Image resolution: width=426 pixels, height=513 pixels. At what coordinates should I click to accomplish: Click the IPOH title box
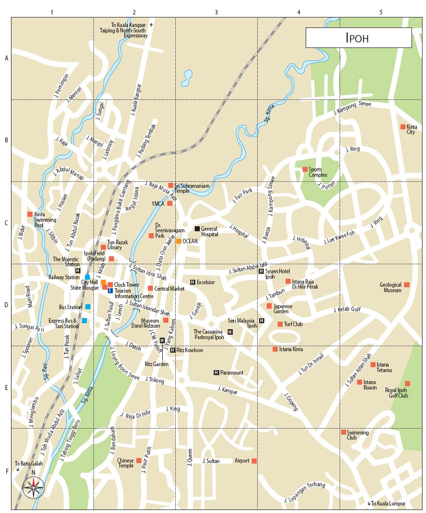[x=358, y=37]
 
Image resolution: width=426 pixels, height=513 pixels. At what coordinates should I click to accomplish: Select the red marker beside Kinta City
[x=403, y=127]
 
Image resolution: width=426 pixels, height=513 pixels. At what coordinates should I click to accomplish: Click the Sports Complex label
[x=318, y=172]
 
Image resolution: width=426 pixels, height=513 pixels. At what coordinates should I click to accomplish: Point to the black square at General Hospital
[x=197, y=229]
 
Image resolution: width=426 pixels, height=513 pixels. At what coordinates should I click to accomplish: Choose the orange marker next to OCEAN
[x=178, y=241]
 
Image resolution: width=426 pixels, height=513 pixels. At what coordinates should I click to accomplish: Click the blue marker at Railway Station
[x=87, y=277]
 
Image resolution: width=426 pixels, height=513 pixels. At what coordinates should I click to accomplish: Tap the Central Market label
[x=169, y=288]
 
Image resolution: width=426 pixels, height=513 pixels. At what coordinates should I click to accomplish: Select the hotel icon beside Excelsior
[x=192, y=282]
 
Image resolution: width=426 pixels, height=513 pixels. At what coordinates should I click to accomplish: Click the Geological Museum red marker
[x=407, y=285]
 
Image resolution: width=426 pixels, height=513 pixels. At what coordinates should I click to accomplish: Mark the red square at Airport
[x=254, y=461]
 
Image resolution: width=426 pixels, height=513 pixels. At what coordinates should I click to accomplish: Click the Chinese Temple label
[x=125, y=463]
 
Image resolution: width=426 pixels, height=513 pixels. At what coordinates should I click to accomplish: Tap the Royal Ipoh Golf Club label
[x=396, y=393]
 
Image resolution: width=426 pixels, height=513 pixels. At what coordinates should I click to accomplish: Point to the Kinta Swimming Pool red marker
[x=30, y=214]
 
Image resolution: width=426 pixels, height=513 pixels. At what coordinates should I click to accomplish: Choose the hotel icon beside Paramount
[x=216, y=373]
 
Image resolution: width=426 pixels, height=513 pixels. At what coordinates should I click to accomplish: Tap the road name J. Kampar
[x=227, y=389]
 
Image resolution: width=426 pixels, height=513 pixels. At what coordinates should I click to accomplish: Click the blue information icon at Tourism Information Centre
[x=110, y=291]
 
